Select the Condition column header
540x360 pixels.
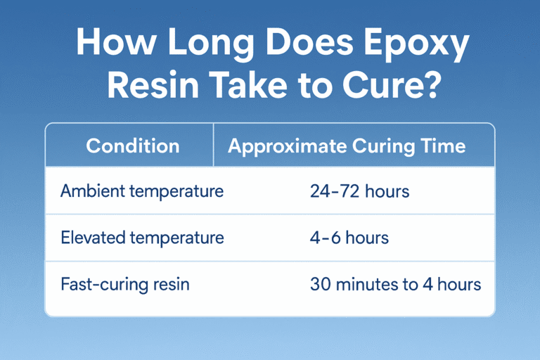132,146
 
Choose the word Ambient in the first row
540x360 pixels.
89,191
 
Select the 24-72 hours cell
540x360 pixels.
359,191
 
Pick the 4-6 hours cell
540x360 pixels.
349,238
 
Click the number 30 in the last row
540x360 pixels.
320,285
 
